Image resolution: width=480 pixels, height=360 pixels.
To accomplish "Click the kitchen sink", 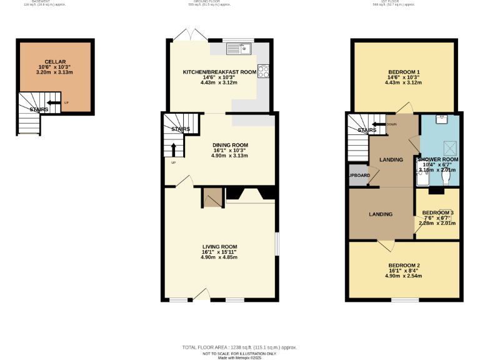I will pos(238,47).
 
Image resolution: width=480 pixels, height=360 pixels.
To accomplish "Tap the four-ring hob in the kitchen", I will pos(264,71).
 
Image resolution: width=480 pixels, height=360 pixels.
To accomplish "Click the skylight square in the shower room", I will pos(447,147).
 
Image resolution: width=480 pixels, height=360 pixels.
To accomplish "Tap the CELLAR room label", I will pos(55,62).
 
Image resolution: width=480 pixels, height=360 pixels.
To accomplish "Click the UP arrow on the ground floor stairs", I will pos(173,149).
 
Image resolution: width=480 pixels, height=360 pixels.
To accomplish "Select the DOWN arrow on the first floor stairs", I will pos(377,124).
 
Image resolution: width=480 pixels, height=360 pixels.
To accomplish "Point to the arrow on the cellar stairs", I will pos(54,102).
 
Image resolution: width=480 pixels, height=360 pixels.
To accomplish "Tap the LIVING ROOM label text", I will pos(219,246).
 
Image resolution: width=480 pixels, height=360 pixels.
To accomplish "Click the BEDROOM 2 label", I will pos(403,265).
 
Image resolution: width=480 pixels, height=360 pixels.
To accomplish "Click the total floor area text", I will pos(239,347).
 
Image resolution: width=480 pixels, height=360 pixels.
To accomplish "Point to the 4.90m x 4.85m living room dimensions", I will pos(219,257).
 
